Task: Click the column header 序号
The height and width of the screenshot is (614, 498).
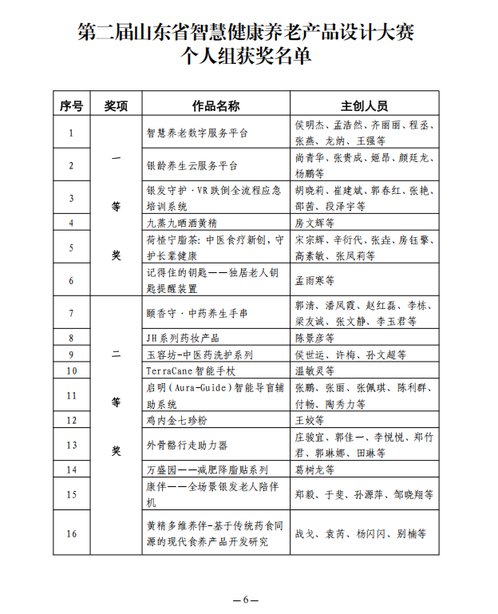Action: [72, 106]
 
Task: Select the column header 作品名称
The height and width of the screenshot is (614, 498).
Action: [215, 106]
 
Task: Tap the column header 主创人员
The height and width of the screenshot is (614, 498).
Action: [364, 106]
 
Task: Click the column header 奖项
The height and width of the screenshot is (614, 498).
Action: [116, 106]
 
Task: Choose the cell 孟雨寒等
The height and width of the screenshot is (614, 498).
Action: [314, 280]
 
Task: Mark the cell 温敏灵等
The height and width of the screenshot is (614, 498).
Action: [314, 370]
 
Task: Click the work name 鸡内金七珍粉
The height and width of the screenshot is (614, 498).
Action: [176, 419]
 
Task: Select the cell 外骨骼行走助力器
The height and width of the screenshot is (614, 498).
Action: [187, 444]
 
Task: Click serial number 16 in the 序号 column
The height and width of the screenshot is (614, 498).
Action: [72, 533]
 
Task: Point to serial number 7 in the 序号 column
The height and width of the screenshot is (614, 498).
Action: [72, 313]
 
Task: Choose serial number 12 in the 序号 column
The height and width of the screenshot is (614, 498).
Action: [72, 419]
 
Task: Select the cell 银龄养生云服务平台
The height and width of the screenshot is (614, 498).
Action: [192, 165]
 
